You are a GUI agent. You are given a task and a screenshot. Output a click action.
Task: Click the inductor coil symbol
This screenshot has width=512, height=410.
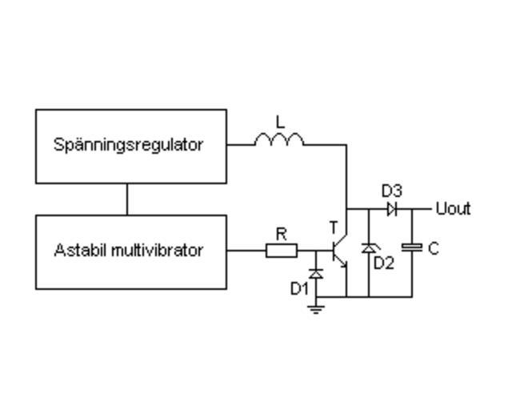(279, 141)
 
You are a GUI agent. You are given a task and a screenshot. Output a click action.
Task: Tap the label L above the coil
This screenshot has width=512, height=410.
(280, 123)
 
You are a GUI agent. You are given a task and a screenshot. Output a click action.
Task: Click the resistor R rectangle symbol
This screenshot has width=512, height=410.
(282, 251)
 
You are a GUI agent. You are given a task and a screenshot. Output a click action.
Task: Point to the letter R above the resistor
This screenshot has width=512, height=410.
(281, 234)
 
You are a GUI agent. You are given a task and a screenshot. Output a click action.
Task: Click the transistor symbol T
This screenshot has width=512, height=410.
(341, 251)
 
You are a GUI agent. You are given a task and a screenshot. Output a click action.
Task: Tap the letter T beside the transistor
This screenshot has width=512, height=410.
(334, 229)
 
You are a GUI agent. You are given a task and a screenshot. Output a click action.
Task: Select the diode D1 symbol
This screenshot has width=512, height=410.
(316, 274)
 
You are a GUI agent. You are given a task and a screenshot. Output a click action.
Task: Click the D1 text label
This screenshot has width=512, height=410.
(299, 288)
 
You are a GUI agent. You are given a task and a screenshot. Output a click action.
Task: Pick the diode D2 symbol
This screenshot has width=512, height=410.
(368, 248)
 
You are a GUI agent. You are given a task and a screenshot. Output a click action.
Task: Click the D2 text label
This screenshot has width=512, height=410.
(385, 263)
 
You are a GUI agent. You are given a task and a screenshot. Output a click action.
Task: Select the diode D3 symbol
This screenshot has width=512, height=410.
(392, 210)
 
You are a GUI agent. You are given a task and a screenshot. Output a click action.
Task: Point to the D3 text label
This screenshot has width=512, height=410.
(391, 191)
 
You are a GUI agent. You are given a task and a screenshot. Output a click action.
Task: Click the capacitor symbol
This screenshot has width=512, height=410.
(412, 248)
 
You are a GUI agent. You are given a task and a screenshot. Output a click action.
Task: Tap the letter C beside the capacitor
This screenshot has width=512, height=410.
(433, 249)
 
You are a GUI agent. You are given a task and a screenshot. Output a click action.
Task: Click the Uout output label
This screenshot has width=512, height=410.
(453, 210)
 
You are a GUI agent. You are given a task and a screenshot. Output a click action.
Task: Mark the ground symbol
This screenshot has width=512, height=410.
(316, 307)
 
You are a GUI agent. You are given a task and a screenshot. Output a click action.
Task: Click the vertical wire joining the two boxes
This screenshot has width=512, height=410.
(127, 199)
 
